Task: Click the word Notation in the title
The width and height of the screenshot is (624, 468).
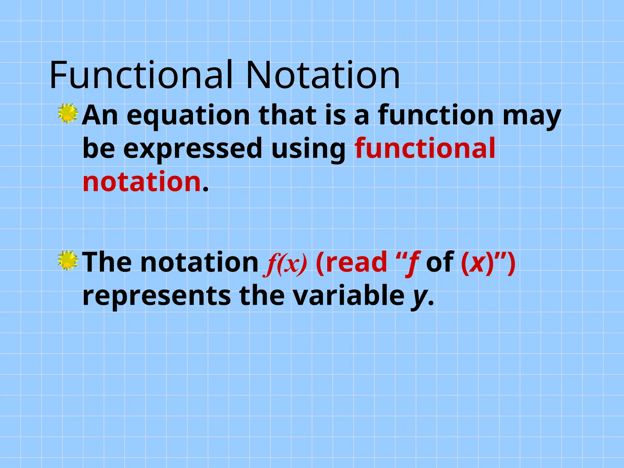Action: (323, 75)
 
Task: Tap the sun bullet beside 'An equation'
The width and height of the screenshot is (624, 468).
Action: (68, 113)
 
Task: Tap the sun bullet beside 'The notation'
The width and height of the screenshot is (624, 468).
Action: (68, 260)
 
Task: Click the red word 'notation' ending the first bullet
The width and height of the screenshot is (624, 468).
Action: (142, 182)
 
